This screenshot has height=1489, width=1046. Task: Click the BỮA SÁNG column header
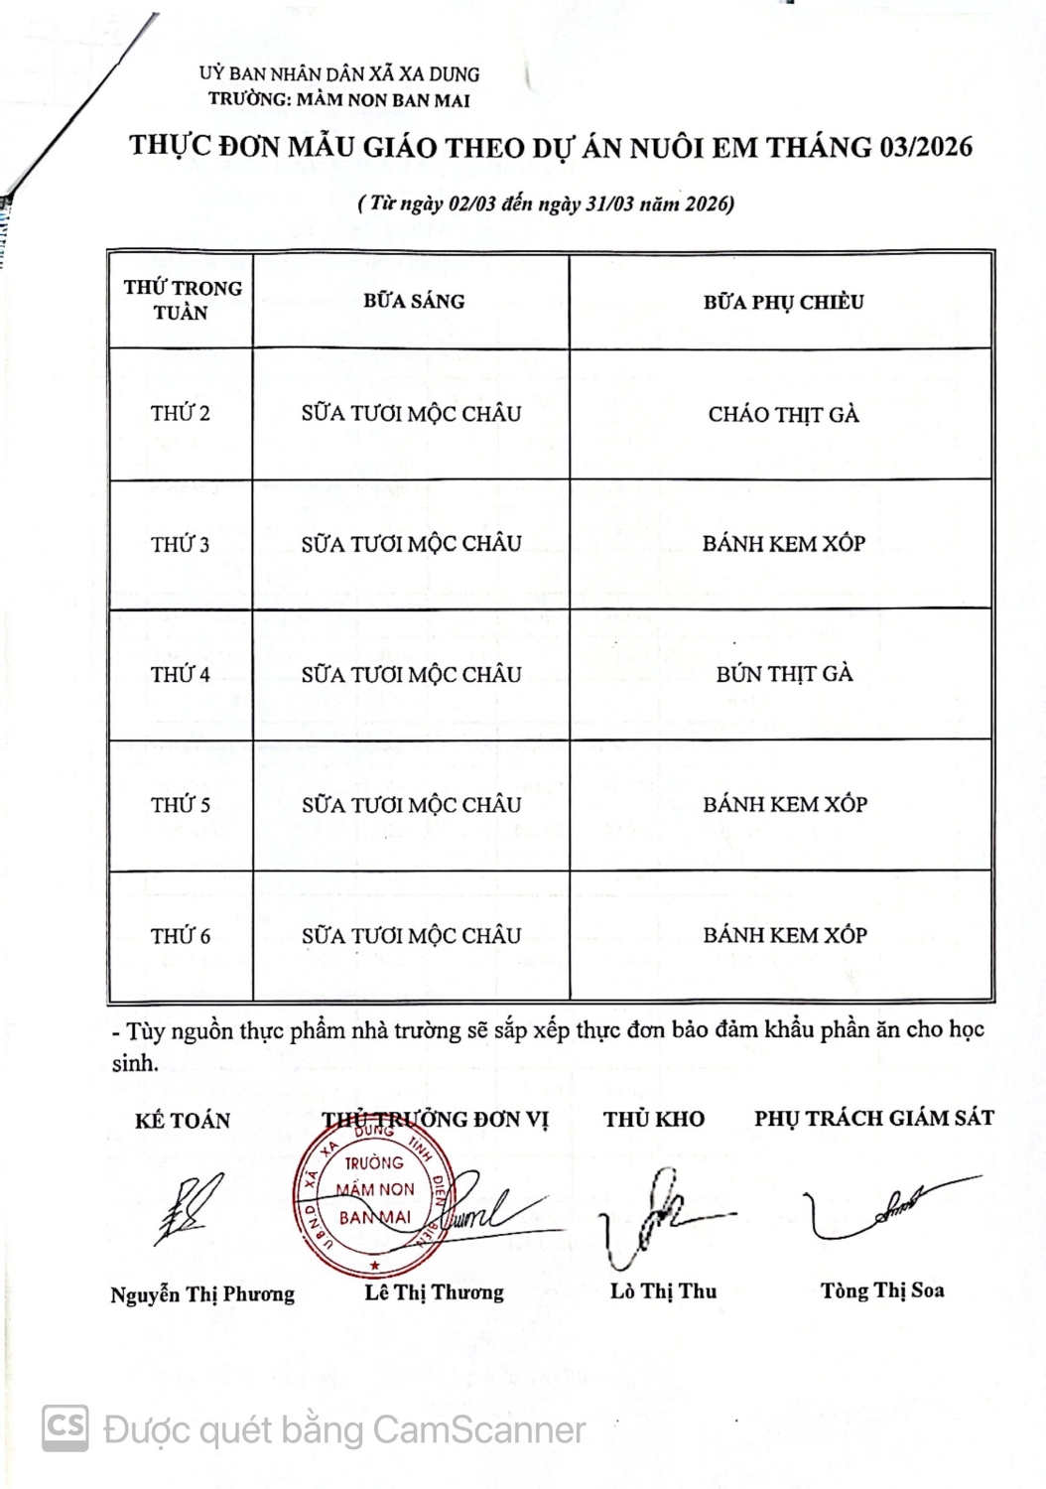[x=413, y=301]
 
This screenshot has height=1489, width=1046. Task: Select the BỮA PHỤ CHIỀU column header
[x=783, y=302]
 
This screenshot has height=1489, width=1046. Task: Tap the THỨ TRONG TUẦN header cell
[x=182, y=300]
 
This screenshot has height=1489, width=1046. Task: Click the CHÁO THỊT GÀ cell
[x=783, y=414]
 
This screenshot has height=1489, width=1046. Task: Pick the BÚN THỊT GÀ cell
[x=784, y=674]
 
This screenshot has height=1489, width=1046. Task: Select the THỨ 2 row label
[x=181, y=414]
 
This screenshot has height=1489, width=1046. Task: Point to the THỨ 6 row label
[x=181, y=936]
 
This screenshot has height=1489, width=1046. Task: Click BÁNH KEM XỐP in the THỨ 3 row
[x=784, y=544]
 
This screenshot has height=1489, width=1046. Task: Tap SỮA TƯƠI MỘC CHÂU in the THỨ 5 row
[x=411, y=805]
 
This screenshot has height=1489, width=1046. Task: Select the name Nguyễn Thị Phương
[x=202, y=1294]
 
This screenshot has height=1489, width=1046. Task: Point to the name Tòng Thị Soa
[x=882, y=1290]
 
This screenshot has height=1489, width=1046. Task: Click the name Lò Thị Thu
[x=663, y=1291]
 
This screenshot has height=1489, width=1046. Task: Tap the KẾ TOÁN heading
[x=183, y=1121]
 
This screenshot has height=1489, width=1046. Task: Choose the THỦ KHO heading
[x=654, y=1120]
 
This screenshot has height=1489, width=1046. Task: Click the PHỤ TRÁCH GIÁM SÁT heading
[x=873, y=1119]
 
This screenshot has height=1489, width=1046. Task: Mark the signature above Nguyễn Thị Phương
[x=189, y=1208]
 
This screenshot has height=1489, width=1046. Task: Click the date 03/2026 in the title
[x=925, y=148]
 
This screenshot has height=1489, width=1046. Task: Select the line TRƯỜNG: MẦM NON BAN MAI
[x=339, y=99]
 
